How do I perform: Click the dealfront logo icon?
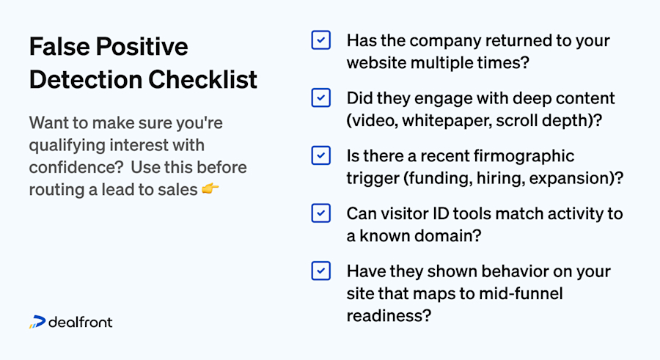[37, 322]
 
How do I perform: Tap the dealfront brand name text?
[81, 322]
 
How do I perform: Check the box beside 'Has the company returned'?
[320, 40]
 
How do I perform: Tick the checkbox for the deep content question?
[320, 98]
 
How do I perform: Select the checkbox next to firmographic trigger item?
[320, 155]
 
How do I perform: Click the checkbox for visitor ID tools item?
[320, 213]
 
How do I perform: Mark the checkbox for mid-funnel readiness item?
[320, 271]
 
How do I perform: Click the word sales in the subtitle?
[179, 190]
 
